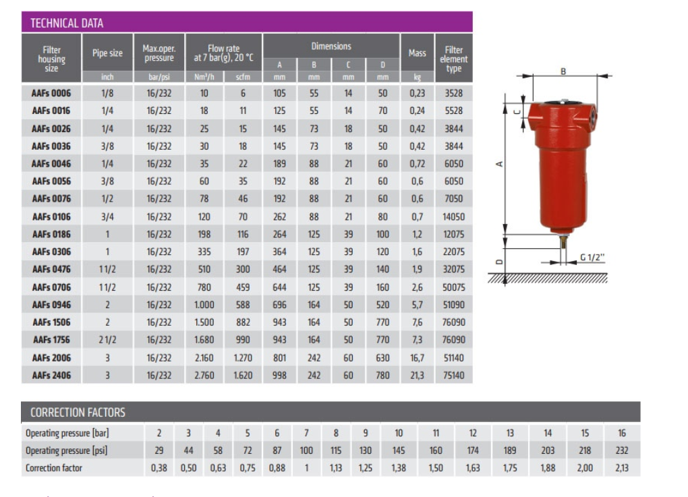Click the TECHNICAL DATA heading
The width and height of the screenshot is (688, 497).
click(67, 23)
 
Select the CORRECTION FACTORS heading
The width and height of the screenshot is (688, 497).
click(78, 412)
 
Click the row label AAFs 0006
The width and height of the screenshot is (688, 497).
click(51, 93)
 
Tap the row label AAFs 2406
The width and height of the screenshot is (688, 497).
click(51, 376)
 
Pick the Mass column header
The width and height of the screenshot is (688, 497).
click(417, 53)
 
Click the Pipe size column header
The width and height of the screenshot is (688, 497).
click(107, 53)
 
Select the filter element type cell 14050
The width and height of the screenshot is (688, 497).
click(454, 216)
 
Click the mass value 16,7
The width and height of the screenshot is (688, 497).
click(417, 358)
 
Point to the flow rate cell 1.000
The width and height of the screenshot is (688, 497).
click(204, 305)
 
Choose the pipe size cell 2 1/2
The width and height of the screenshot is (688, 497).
click(107, 340)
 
